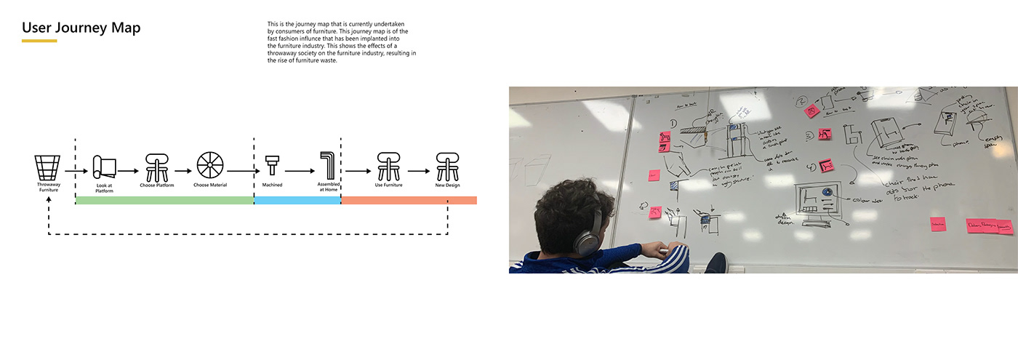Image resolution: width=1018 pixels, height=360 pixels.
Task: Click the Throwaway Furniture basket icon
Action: (x=48, y=167)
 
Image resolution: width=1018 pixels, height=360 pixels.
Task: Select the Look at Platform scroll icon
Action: (x=104, y=167)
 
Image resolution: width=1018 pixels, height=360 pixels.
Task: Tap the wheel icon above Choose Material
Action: (x=210, y=167)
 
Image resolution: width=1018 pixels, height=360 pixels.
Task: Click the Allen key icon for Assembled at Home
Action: (x=328, y=166)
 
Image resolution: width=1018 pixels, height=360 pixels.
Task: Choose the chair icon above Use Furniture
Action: (x=388, y=167)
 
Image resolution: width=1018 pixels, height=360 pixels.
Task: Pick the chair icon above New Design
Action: (x=447, y=167)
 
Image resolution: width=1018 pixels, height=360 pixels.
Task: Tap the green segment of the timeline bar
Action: (x=164, y=200)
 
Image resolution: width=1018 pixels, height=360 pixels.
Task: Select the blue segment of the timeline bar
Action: (x=297, y=200)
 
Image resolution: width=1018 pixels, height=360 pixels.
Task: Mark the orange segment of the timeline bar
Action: (x=409, y=200)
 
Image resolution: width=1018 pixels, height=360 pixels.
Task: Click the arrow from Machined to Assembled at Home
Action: (x=300, y=172)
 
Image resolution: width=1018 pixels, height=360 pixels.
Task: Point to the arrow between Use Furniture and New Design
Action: (x=417, y=172)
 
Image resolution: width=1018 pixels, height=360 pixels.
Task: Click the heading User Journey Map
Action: (x=81, y=28)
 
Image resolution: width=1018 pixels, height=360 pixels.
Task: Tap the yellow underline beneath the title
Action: (x=39, y=41)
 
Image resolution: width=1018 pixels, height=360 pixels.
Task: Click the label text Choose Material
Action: (x=210, y=185)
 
